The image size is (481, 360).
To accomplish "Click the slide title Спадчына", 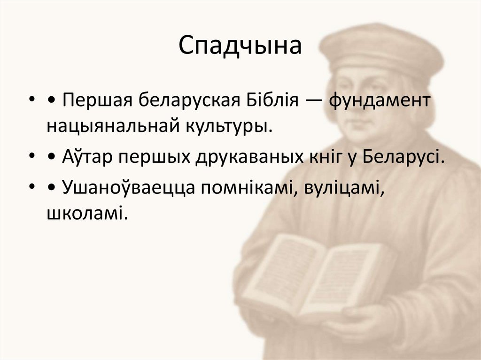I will coord(240,46).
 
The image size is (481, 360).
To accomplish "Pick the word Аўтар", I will coord(87,157).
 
